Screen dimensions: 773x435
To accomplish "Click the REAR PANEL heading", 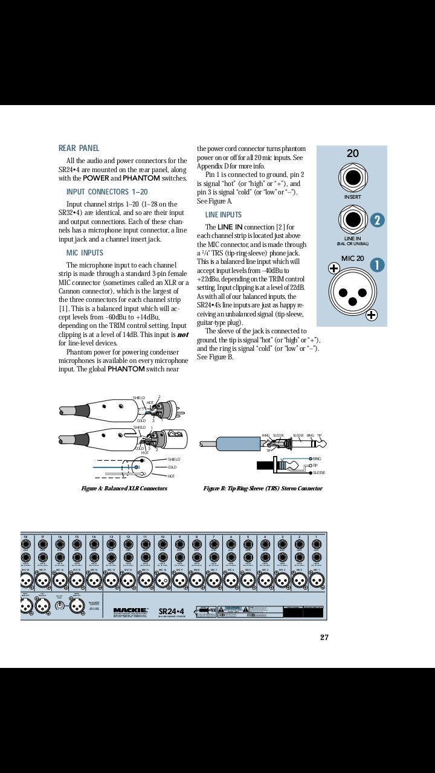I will [79, 148].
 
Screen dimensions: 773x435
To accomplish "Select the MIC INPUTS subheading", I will [85, 253].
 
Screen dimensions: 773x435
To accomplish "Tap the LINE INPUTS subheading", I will [223, 215].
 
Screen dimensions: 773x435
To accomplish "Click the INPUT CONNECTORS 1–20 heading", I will [107, 192].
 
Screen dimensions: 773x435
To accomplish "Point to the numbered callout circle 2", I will [377, 220].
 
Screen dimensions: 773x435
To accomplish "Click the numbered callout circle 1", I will [377, 265].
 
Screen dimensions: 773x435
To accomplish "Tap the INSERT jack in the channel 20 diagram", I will [353, 178].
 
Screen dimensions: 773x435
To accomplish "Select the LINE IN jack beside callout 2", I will [353, 220].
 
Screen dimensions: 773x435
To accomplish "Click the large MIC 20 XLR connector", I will [352, 291].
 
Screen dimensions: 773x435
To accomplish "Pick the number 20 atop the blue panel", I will [353, 153].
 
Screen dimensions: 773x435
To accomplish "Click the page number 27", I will [324, 638].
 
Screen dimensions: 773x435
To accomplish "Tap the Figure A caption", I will [124, 489].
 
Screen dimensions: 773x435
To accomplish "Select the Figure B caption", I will [263, 489].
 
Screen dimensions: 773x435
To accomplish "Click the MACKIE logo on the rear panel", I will [130, 611].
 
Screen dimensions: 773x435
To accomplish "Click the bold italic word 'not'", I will [182, 335].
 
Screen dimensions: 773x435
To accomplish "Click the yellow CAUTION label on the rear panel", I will [233, 609].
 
